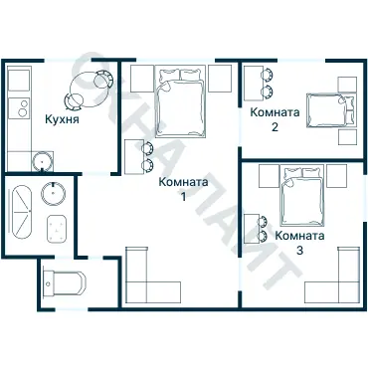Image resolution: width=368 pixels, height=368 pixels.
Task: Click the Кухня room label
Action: click(x=62, y=118)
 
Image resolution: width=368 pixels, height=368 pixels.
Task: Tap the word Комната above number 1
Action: click(x=183, y=182)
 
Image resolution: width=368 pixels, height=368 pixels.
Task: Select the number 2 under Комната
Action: click(x=275, y=127)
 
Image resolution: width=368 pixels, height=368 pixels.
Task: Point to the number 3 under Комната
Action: click(x=299, y=251)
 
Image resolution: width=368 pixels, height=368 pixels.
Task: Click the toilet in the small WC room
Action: click(x=65, y=283)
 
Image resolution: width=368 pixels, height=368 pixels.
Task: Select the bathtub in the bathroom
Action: click(x=22, y=211)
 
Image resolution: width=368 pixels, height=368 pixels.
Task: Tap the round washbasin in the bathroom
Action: click(x=53, y=193)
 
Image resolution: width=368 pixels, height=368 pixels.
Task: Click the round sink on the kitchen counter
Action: click(x=43, y=161)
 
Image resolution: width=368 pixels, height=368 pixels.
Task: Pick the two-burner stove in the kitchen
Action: click(x=19, y=108)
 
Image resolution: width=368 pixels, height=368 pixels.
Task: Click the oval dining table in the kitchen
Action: click(x=90, y=89)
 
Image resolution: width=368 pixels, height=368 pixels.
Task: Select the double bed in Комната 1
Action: click(x=180, y=101)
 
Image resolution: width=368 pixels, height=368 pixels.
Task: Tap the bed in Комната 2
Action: click(x=330, y=110)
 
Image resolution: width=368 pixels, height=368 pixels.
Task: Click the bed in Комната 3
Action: click(x=301, y=195)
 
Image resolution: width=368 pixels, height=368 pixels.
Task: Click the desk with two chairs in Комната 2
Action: click(x=254, y=84)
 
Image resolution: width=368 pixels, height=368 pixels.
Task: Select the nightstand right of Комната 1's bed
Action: click(x=220, y=79)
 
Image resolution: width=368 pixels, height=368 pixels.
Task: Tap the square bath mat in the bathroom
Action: click(x=57, y=228)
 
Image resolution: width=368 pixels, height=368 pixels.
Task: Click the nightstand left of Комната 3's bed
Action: click(x=269, y=176)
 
